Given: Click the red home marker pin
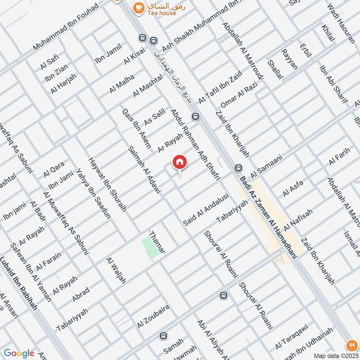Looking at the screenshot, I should (x=179, y=162).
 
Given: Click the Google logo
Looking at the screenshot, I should (x=18, y=353).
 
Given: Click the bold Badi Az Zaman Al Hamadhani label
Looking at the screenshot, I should (x=269, y=217).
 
